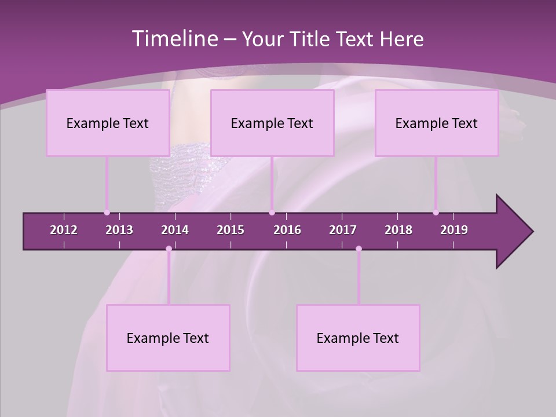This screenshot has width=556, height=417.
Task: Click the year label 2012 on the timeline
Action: (64, 230)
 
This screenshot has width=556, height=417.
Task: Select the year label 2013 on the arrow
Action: (119, 230)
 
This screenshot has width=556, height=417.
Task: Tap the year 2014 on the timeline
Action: (175, 230)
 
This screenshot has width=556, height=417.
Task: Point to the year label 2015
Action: (231, 230)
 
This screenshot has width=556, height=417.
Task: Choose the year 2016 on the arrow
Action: (287, 230)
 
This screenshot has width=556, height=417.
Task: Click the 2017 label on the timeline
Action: (343, 230)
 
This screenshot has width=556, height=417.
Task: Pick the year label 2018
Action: (398, 230)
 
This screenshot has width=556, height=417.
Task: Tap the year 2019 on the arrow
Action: (454, 230)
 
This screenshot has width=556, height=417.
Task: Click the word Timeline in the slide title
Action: (174, 39)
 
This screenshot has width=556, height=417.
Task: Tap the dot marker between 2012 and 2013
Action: (107, 213)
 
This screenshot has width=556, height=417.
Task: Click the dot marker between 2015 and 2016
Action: (272, 213)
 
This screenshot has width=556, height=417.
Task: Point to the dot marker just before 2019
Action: (436, 213)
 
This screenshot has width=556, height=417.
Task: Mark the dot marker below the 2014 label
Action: (169, 249)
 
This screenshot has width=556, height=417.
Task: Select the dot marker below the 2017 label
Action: (359, 249)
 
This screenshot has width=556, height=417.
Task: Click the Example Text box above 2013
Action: (108, 123)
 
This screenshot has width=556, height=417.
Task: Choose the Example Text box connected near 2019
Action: (437, 123)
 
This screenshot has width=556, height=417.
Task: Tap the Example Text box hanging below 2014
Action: (168, 338)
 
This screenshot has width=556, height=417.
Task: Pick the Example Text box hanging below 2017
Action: (358, 338)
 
